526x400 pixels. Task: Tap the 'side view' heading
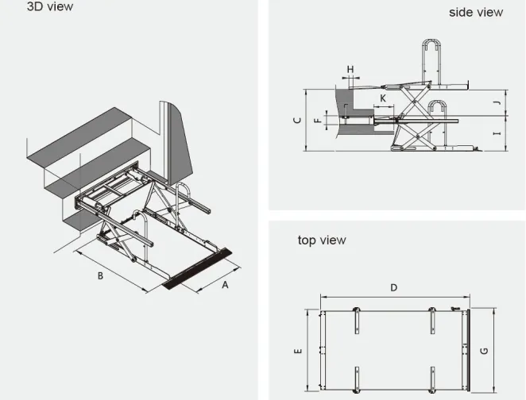(475, 12)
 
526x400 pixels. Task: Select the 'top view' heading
(322, 240)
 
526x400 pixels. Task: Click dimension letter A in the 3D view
(225, 286)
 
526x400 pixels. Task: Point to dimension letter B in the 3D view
(101, 276)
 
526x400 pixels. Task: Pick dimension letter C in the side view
(296, 121)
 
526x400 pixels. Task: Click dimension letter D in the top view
(393, 288)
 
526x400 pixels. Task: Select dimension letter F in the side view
(316, 121)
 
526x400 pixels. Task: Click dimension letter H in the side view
(350, 69)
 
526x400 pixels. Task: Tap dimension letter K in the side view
(383, 98)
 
